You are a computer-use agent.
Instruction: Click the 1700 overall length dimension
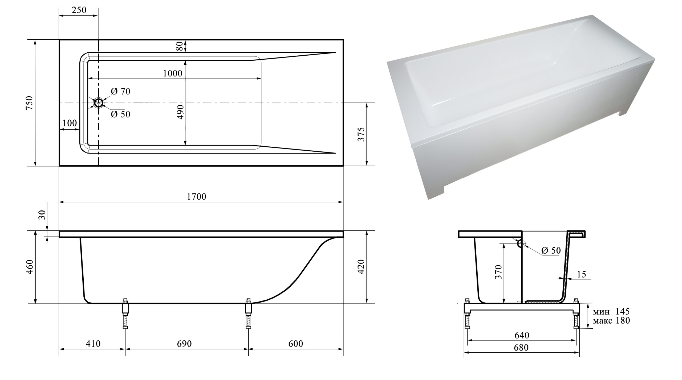click(x=197, y=197)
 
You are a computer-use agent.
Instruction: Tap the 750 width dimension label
click(x=29, y=103)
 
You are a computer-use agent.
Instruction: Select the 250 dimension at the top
click(x=79, y=10)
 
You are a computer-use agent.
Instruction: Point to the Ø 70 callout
click(x=120, y=91)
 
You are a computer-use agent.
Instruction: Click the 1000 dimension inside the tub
click(x=173, y=73)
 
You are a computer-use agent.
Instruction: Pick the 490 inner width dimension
click(x=180, y=112)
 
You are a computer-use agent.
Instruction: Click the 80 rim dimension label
click(x=180, y=46)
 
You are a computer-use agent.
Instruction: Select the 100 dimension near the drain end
click(x=70, y=123)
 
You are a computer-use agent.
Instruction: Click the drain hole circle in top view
click(x=99, y=103)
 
